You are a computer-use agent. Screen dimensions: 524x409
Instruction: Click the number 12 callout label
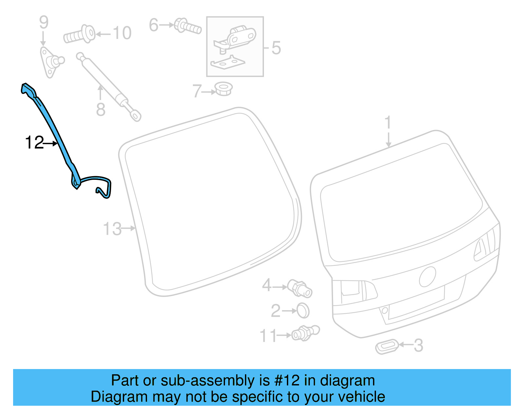(x=34, y=143)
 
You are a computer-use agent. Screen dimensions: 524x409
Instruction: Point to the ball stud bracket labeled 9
(x=50, y=62)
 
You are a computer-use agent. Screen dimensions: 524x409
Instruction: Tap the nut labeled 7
(x=224, y=89)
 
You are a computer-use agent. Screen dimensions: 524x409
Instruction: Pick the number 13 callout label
(x=112, y=229)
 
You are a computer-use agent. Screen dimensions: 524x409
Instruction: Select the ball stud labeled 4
(x=300, y=288)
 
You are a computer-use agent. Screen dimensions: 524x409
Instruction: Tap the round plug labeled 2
(x=303, y=310)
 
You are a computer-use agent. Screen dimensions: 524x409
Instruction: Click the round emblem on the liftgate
(x=427, y=277)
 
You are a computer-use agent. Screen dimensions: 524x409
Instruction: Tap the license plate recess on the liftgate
(x=416, y=303)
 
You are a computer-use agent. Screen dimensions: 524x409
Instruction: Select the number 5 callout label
(x=276, y=48)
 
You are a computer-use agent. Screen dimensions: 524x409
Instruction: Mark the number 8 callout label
(x=101, y=110)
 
